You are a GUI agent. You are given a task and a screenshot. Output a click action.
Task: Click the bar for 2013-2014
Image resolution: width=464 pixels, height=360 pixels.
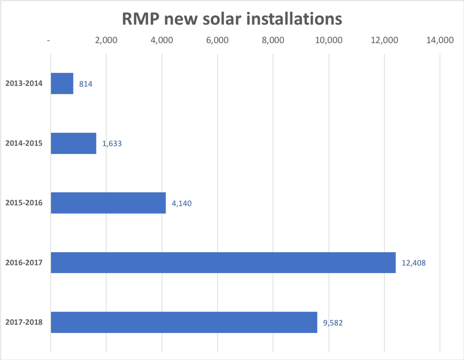coord(62,83)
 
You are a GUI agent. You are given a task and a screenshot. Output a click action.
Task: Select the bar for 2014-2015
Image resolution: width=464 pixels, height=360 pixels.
coord(73,143)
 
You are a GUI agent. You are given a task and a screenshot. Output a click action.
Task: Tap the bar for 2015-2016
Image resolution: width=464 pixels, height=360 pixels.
coord(108,203)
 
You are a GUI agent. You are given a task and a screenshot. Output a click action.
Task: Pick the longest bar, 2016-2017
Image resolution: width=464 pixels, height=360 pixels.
coord(223,263)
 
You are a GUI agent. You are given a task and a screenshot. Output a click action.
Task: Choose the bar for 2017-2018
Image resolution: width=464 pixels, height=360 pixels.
coord(184,322)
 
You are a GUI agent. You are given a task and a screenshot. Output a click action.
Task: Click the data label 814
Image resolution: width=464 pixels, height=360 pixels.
coord(86,83)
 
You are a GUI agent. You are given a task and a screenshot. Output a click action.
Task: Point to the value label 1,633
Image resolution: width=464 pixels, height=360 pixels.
coord(112,143)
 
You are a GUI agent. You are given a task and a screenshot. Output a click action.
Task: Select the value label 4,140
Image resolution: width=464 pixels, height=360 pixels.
coord(182,203)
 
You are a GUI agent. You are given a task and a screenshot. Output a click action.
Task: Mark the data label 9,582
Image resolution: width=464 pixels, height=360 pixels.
coord(333,322)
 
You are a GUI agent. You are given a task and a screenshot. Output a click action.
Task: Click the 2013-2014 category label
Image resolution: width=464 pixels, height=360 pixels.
coord(24,83)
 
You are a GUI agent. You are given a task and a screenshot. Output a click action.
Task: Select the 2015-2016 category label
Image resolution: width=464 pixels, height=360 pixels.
coord(24,203)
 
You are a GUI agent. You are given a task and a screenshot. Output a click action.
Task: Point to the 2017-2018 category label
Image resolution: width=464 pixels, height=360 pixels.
coord(24,322)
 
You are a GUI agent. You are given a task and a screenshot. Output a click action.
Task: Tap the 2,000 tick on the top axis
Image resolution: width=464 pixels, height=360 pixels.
coord(106,41)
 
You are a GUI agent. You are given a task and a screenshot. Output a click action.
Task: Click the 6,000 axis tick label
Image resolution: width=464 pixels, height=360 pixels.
coord(217,41)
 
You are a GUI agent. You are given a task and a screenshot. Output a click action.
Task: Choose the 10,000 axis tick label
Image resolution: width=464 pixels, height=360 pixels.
coord(328,41)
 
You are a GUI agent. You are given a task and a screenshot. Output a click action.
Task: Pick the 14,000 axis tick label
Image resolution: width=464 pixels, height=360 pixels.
coord(440,41)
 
